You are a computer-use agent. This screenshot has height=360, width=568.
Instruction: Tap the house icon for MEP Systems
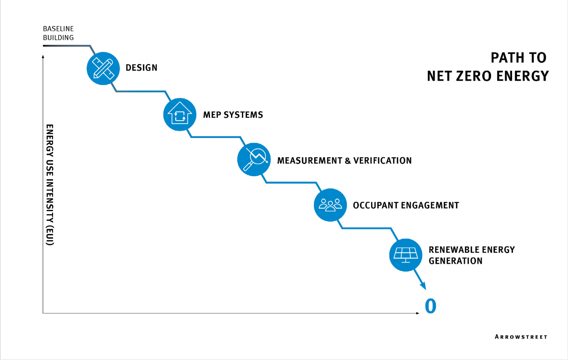coord(180,114)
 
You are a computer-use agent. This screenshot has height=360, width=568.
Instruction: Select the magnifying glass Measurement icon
coord(254,160)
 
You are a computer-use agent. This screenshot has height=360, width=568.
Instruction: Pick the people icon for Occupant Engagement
coord(330,205)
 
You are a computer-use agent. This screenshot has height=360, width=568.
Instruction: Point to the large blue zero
coord(430,306)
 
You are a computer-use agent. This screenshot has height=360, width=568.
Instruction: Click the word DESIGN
coord(141,68)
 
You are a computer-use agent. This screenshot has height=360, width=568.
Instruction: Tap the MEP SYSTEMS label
coord(233,114)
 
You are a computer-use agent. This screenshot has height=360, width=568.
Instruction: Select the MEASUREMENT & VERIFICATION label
coord(344,160)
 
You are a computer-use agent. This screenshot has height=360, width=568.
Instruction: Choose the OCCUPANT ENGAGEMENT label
coord(406,205)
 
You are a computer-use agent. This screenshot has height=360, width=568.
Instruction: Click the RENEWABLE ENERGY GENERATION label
coord(471,255)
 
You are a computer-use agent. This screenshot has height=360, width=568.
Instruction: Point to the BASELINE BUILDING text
coord(58,33)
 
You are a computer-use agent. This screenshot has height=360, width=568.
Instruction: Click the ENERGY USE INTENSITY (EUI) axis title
coord(50,185)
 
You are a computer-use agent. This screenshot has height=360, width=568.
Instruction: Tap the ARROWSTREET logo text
coord(521,337)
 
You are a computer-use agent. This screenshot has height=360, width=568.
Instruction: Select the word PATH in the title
coord(506,58)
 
